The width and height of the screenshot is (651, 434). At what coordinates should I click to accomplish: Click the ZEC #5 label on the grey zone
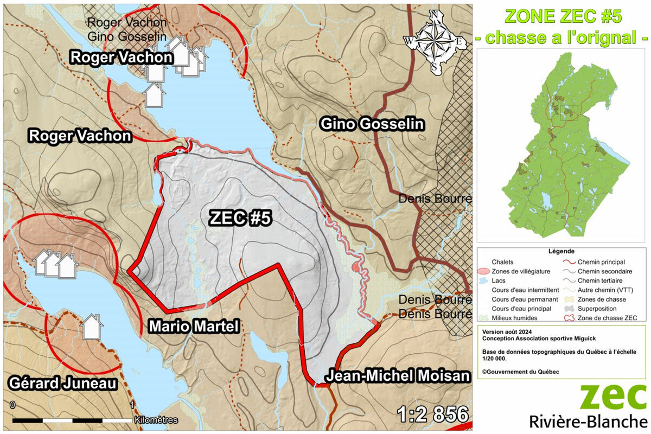pyautogui.click(x=240, y=218)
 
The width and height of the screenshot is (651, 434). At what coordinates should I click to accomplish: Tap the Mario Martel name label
pyautogui.click(x=194, y=326)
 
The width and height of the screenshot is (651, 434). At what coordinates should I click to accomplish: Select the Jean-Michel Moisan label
pyautogui.click(x=397, y=376)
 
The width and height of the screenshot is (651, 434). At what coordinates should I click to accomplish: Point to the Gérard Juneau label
pyautogui.click(x=63, y=384)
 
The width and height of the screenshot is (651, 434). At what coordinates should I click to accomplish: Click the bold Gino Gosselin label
pyautogui.click(x=372, y=124)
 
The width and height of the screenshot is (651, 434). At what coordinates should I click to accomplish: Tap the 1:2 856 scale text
pyautogui.click(x=432, y=414)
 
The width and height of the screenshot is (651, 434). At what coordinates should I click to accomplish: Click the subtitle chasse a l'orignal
pyautogui.click(x=562, y=38)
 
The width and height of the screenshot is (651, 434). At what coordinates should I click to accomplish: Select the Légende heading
pyautogui.click(x=561, y=252)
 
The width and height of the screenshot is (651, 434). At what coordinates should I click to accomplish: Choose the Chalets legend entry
pyautogui.click(x=502, y=262)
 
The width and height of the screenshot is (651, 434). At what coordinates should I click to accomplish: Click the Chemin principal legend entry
pyautogui.click(x=601, y=262)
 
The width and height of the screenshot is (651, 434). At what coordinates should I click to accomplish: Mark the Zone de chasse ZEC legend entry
pyautogui.click(x=607, y=317)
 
